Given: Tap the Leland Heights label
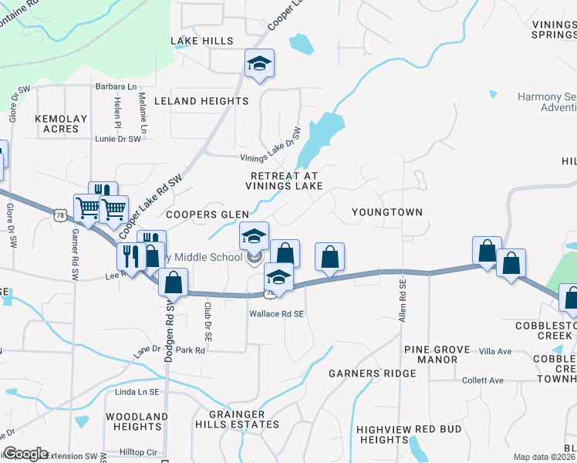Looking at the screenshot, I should click(201, 101).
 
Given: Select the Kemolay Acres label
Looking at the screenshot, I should click(57, 123).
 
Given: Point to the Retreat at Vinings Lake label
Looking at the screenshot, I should click(283, 181).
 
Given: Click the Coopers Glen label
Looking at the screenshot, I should click(208, 215).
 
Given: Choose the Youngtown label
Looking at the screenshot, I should click(386, 211).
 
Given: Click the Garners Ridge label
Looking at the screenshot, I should click(373, 373).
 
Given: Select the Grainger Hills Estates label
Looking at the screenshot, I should click(241, 419).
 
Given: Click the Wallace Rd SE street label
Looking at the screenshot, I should click(277, 314).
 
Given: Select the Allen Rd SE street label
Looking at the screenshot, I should click(403, 302).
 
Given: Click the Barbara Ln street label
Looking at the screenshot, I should click(115, 86).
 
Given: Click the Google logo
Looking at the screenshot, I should click(25, 454).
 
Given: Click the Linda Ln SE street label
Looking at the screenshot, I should click(136, 394).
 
